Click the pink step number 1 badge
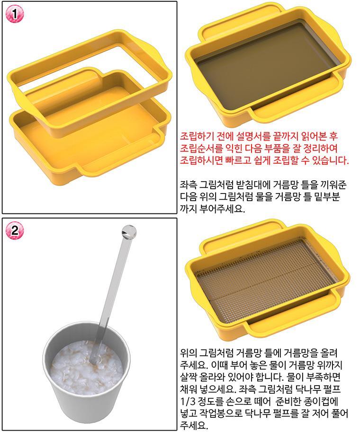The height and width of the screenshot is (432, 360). coord(15,14)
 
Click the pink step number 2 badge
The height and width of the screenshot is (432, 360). coord(15,230)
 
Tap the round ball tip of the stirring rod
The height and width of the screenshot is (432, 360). coord(129,232)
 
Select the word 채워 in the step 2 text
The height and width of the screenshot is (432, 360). coord(188,389)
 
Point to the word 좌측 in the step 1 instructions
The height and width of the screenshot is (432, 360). coord(188,185)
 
